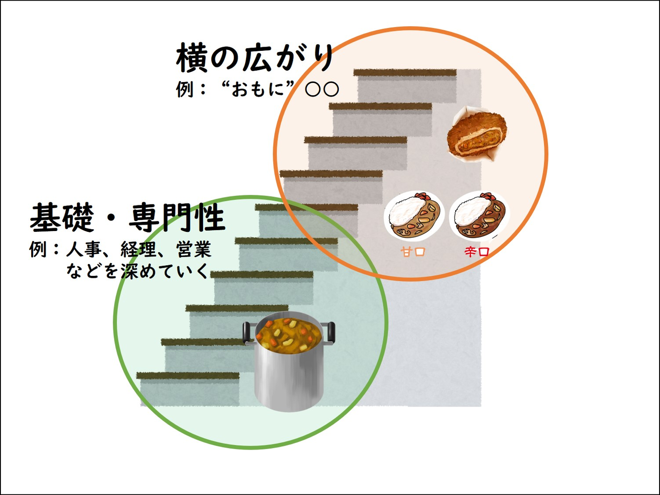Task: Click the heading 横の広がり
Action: pyautogui.click(x=254, y=58)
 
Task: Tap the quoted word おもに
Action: pyautogui.click(x=258, y=89)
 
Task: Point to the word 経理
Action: pyautogui.click(x=138, y=249)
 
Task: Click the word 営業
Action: pyautogui.click(x=194, y=249)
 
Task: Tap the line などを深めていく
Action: pyautogui.click(x=137, y=271)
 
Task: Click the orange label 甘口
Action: pyautogui.click(x=413, y=251)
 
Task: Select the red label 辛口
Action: pyautogui.click(x=477, y=252)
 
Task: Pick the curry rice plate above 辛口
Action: pyautogui.click(x=478, y=215)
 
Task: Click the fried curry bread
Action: pyautogui.click(x=476, y=134)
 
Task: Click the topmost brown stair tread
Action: pyautogui.click(x=405, y=72)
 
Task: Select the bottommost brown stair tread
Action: pyautogui.click(x=188, y=375)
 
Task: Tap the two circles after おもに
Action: pyautogui.click(x=322, y=89)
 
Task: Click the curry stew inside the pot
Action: pyautogui.click(x=289, y=333)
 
